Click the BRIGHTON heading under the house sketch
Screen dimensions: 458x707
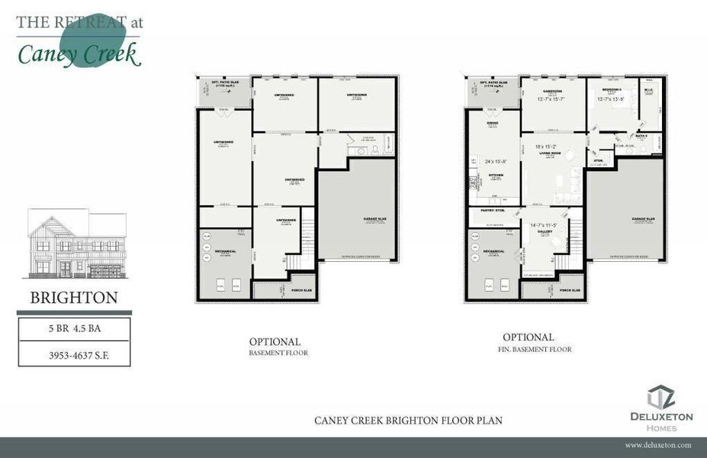(x=74, y=298)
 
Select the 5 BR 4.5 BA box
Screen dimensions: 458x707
(x=74, y=331)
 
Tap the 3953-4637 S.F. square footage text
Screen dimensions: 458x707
(x=74, y=355)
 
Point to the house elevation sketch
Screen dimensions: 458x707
(x=77, y=245)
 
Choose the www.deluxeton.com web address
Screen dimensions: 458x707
(x=657, y=444)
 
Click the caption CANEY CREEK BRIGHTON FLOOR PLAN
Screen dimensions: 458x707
(x=408, y=421)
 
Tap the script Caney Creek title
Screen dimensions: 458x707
(x=79, y=53)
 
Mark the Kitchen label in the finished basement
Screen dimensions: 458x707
(x=493, y=175)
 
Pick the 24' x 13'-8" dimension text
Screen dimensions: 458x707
(x=497, y=162)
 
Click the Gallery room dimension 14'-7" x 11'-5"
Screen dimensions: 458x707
(x=545, y=226)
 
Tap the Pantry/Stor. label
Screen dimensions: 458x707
(x=493, y=210)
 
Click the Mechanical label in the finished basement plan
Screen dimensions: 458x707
(x=493, y=250)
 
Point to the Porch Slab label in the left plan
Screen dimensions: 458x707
(x=302, y=290)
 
